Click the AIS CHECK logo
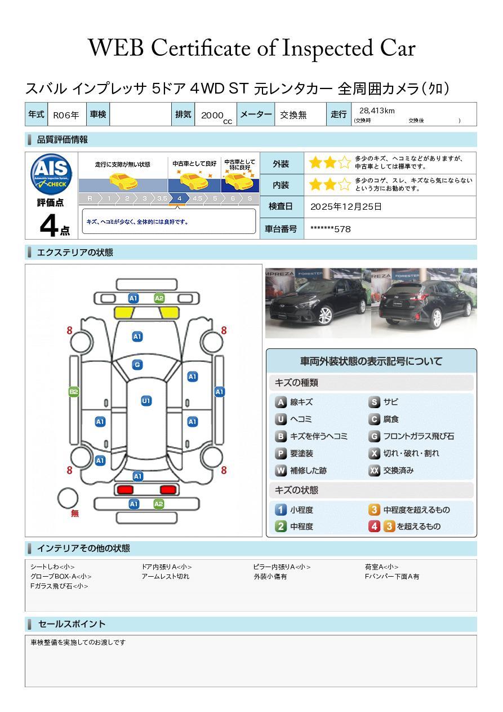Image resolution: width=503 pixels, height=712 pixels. (51, 174)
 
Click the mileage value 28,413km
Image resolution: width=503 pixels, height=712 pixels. (377, 110)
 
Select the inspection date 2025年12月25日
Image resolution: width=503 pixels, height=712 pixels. (346, 206)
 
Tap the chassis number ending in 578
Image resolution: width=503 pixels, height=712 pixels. (331, 229)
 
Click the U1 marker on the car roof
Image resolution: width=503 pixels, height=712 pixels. (146, 400)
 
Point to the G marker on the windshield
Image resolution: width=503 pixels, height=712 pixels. (137, 365)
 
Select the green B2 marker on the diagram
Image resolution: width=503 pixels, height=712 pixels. (74, 392)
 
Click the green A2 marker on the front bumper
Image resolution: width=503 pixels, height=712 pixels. (159, 298)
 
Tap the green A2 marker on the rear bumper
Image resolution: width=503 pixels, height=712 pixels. (158, 504)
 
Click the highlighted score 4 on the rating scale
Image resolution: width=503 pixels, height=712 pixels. (179, 198)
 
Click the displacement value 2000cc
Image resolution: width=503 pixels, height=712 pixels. (216, 117)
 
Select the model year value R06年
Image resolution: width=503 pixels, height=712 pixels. (66, 115)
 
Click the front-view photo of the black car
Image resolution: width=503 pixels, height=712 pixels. (318, 303)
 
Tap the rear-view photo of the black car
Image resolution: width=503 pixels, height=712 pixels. (424, 303)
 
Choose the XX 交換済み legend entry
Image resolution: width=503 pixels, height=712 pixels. (391, 470)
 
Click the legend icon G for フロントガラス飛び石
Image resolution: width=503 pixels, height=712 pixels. (374, 436)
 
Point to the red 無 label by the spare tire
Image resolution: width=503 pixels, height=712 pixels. (74, 513)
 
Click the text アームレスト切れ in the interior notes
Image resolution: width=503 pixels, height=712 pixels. (166, 576)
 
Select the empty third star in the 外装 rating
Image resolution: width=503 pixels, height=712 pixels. (344, 162)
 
